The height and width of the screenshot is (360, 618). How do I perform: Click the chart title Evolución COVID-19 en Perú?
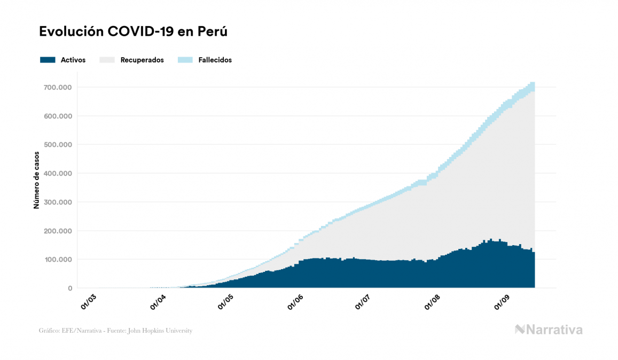click(134, 32)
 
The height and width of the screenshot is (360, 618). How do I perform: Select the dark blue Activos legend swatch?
click(48, 60)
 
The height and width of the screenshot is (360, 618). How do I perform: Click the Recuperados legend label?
click(142, 60)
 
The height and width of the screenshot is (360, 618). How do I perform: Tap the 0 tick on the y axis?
click(70, 288)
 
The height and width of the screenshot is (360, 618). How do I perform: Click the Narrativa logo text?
click(554, 330)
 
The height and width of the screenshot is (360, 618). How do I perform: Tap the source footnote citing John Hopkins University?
click(115, 331)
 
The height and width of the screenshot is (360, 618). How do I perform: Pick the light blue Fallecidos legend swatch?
click(184, 60)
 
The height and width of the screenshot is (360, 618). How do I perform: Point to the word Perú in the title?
click(213, 32)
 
